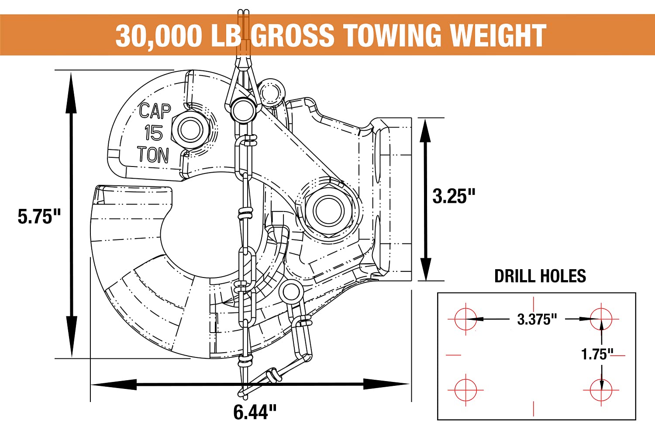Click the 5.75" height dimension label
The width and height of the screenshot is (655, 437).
[39, 216]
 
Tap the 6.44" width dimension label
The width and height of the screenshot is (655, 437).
[255, 412]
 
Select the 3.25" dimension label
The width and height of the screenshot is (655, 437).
[453, 196]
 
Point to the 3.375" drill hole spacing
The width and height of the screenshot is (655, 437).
[537, 319]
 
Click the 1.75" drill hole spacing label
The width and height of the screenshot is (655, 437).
[597, 354]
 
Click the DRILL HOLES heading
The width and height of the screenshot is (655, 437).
[540, 276]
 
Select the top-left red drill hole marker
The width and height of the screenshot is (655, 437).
[465, 319]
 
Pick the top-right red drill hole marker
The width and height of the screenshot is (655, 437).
[601, 319]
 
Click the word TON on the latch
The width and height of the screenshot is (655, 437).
[153, 155]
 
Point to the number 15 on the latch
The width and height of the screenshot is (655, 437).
[153, 133]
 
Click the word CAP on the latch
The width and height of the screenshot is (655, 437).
[155, 111]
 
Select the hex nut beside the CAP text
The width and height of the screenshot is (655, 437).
[190, 130]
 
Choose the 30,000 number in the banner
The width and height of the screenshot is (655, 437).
[159, 36]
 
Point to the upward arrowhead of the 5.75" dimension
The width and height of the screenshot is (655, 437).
[71, 87]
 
